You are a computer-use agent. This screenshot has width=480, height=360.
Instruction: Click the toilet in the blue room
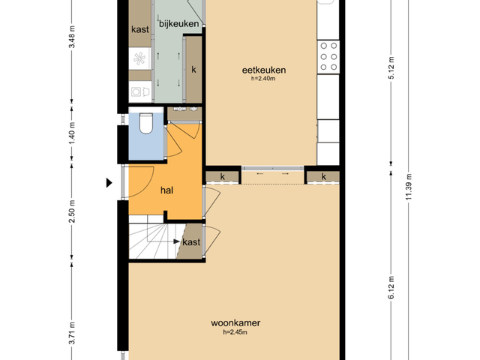[x=146, y=123]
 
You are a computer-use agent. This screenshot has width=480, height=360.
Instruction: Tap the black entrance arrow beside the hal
[x=109, y=183]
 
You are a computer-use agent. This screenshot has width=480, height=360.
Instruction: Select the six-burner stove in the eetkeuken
[x=328, y=57]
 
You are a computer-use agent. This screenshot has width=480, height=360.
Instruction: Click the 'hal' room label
[x=166, y=190]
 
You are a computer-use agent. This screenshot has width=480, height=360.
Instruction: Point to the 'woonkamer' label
[x=235, y=323]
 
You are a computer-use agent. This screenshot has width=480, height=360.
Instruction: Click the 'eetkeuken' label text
[x=264, y=70]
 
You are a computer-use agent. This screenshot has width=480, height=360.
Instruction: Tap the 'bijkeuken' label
[x=178, y=23]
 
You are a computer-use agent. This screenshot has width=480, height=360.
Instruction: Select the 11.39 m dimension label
[x=409, y=187]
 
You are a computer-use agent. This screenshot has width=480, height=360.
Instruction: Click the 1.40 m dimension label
[x=72, y=133]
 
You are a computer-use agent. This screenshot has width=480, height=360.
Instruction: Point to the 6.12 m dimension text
[x=391, y=287]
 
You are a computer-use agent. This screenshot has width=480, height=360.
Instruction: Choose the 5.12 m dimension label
[x=391, y=67]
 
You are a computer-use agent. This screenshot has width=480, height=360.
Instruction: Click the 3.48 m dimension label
[x=72, y=37]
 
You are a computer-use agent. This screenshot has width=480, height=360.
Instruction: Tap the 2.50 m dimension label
[x=72, y=211]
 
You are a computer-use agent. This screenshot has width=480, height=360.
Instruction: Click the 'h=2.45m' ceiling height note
[x=235, y=332]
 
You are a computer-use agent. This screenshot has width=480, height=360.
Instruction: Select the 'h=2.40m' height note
[x=263, y=78]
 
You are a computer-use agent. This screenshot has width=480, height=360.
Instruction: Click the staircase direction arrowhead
[x=177, y=241]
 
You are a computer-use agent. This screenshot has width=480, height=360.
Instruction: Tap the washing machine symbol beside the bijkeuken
[x=140, y=91]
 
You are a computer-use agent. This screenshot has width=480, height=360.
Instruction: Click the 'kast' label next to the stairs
[x=191, y=242]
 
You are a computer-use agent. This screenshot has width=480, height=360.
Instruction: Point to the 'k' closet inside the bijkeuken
[x=193, y=70]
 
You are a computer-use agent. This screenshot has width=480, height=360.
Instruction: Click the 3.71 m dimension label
[x=72, y=333]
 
